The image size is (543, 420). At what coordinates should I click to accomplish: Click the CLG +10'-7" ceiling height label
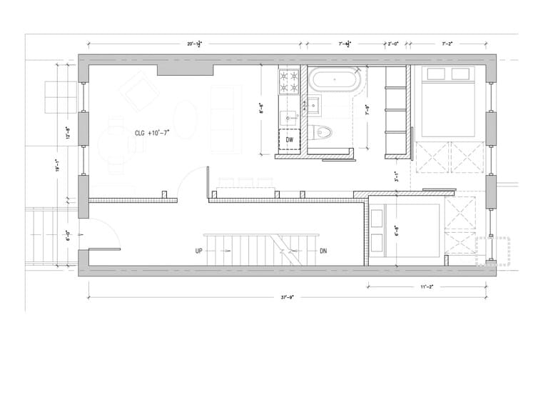pos(153,133)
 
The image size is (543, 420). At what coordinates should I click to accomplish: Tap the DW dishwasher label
pos(290,139)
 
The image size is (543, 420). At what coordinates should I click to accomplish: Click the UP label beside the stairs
pos(199,251)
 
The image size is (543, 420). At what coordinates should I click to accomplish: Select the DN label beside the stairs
pos(323,251)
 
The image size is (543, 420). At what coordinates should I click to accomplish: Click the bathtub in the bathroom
pos(335,80)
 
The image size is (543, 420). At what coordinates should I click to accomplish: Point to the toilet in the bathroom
pos(323,132)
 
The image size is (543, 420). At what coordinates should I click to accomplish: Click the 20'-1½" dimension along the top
pos(195,44)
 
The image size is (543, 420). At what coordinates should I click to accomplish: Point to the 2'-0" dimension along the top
pos(392,44)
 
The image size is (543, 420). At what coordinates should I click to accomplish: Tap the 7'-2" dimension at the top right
pos(448,44)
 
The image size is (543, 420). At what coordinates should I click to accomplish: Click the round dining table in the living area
pos(116,149)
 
